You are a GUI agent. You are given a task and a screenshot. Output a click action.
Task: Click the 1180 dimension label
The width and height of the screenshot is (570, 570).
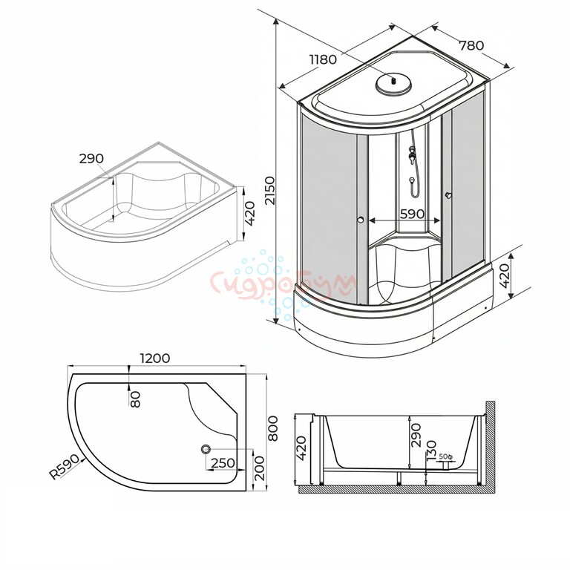pos(323,59)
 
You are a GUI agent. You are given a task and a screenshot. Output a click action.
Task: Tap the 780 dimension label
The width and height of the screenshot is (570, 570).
pos(471,46)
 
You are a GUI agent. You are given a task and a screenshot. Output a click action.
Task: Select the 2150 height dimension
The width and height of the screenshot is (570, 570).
pos(270,191)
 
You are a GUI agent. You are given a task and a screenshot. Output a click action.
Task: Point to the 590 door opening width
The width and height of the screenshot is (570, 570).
pos(412,214)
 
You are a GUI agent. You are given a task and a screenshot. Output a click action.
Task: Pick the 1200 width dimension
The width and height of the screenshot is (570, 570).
pos(155,358)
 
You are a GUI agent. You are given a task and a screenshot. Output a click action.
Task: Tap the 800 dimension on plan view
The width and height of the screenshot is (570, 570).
pos(273,428)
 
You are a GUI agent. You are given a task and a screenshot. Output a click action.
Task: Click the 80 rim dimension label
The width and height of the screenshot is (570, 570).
pos(135,399)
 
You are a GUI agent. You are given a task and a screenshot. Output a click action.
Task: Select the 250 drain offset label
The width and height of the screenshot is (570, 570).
pos(223,463)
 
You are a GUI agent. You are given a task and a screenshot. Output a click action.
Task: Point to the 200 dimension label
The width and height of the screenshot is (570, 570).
pos(260,468)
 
